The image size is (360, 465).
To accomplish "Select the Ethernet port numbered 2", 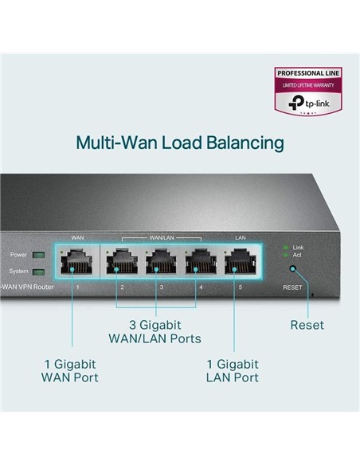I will pyautogui.click(x=122, y=260).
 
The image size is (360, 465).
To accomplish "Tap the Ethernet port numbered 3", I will pyautogui.click(x=161, y=260).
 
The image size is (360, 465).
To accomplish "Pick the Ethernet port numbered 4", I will pyautogui.click(x=201, y=260).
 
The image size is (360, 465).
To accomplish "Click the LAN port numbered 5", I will pyautogui.click(x=241, y=260).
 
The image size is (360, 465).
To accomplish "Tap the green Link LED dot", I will pyautogui.click(x=287, y=248).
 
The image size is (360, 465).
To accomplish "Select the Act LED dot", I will pyautogui.click(x=287, y=255).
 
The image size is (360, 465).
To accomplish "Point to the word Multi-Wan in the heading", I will pyautogui.click(x=112, y=143).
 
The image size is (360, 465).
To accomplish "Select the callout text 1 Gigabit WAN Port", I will pyautogui.click(x=71, y=369).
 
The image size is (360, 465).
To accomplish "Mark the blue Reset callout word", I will pyautogui.click(x=307, y=325).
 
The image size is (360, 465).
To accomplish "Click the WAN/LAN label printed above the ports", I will pyautogui.click(x=161, y=237).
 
